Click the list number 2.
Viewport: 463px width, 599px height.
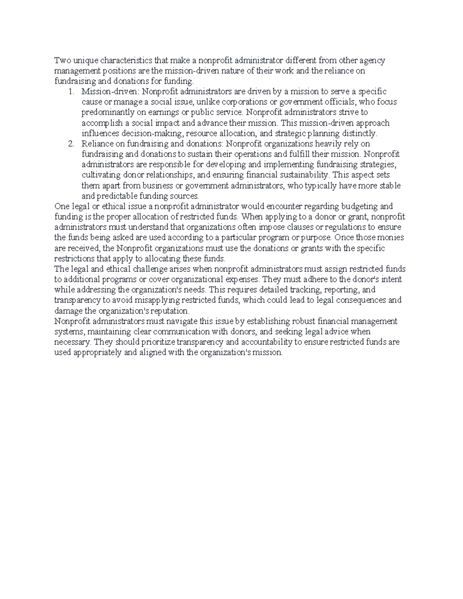(x=70, y=144)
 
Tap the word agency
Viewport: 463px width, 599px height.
(x=372, y=61)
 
